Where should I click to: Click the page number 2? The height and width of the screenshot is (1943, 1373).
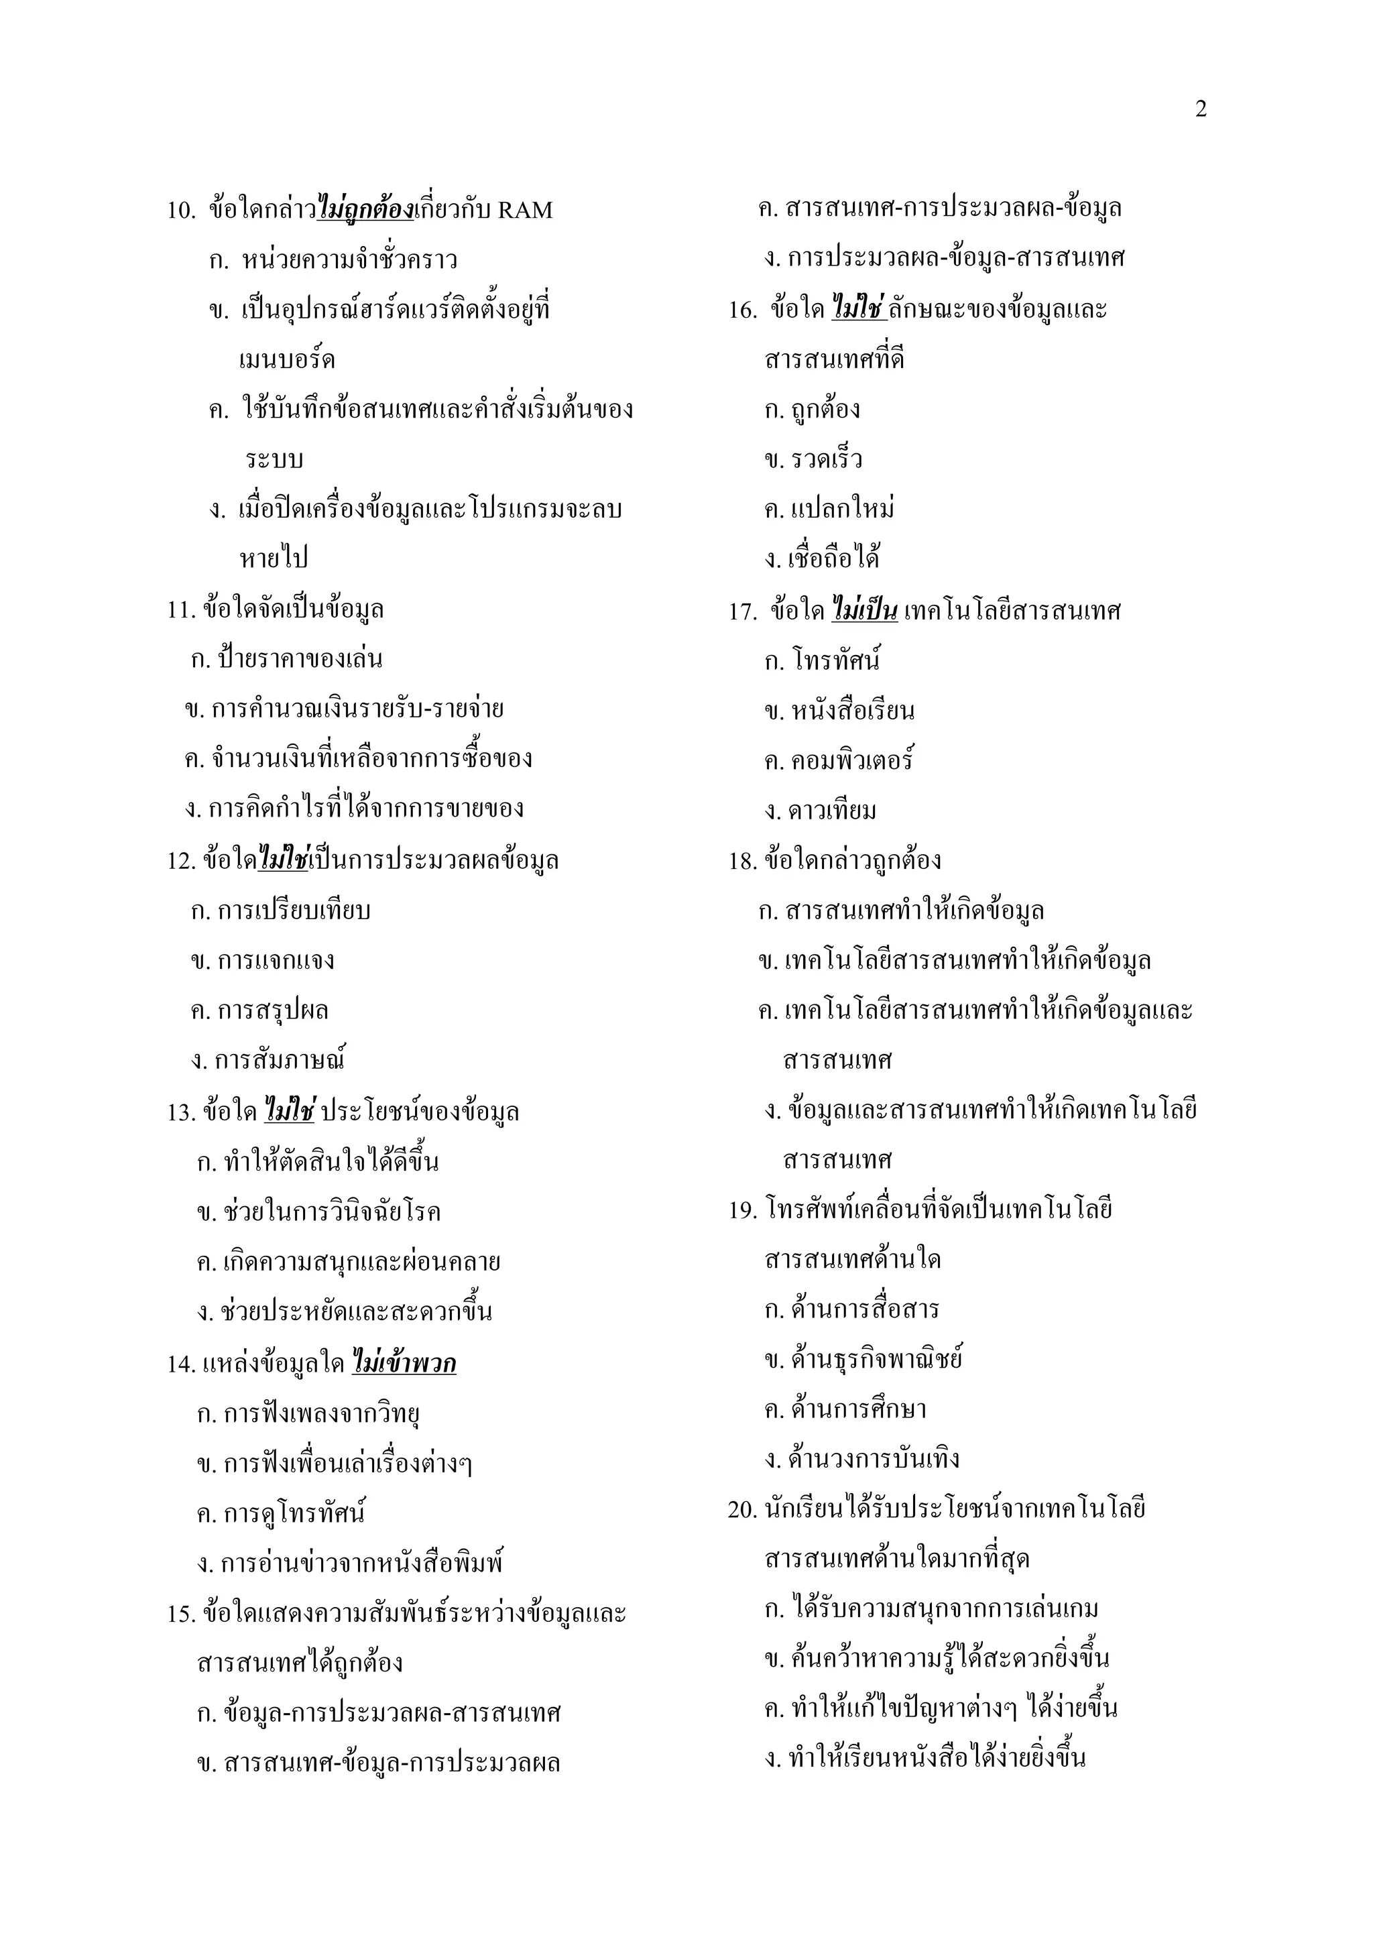click(1201, 109)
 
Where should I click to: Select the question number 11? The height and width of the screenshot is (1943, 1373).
click(181, 609)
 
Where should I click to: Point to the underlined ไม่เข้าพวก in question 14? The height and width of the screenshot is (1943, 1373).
click(404, 1363)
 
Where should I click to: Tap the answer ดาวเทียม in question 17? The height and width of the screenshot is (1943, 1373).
click(831, 811)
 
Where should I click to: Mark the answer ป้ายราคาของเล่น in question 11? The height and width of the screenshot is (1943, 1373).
click(300, 658)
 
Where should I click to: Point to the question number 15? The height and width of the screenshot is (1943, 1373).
click(181, 1614)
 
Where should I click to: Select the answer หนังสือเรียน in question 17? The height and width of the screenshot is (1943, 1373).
click(852, 711)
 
